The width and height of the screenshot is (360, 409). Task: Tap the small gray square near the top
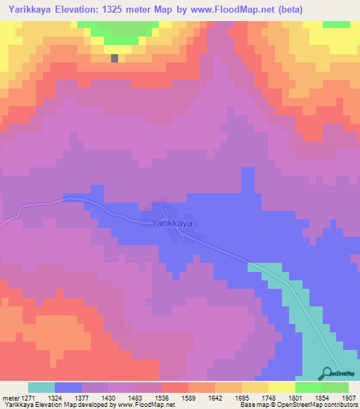[114, 58]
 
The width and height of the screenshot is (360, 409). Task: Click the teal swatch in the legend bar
[41, 387]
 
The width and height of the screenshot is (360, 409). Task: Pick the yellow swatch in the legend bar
[282, 387]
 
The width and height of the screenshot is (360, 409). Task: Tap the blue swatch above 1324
[68, 387]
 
